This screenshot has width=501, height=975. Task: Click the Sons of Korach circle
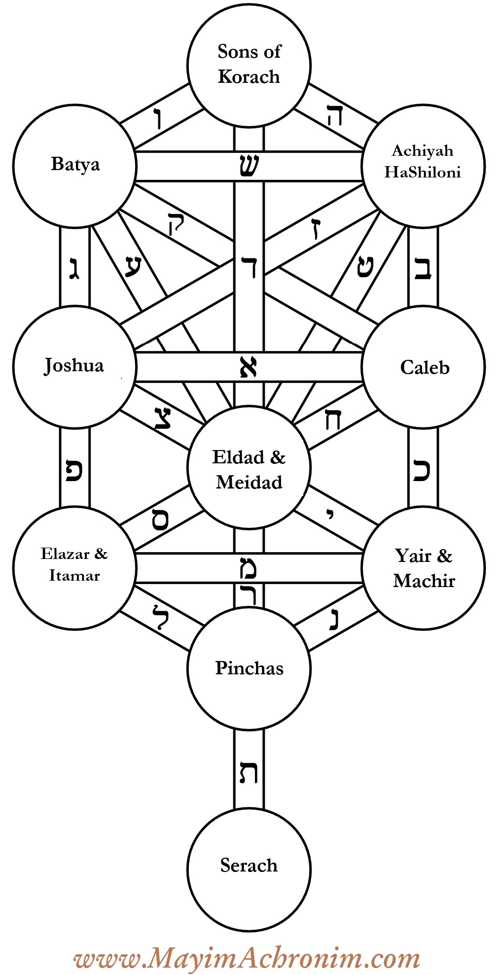click(x=249, y=64)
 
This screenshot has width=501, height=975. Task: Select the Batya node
click(x=74, y=165)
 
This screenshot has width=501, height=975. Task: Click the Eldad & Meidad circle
click(x=249, y=468)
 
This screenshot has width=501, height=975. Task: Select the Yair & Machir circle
click(x=423, y=568)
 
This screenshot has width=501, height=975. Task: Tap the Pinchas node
click(x=249, y=668)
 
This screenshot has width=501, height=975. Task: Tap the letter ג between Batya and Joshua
click(x=74, y=270)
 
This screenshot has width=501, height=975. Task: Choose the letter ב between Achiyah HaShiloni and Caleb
click(x=423, y=269)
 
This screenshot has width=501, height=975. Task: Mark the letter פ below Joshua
click(x=74, y=471)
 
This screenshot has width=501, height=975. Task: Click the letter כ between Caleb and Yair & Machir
click(x=423, y=471)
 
